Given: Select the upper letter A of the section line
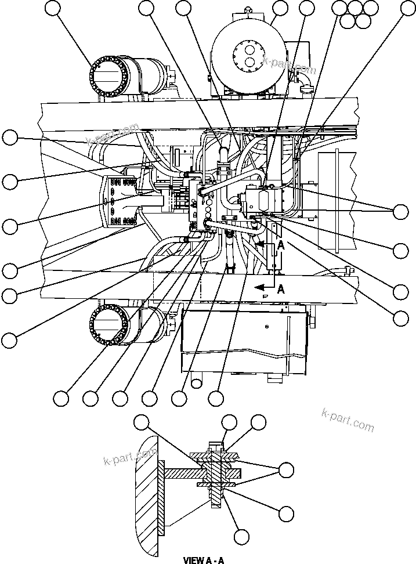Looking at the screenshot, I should tap(281, 245).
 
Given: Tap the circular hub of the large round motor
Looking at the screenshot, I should tap(249, 56).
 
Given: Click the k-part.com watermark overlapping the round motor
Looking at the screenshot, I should tap(290, 65).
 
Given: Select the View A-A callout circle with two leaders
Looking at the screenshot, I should tap(287, 469).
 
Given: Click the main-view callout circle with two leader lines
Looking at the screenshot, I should tap(400, 211).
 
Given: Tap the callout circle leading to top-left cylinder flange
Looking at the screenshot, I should tap(53, 8).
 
